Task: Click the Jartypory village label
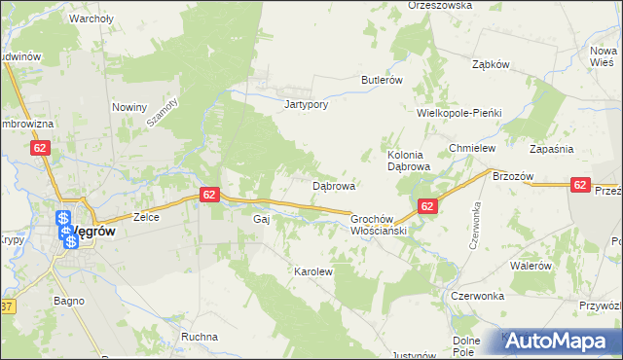click(301, 104)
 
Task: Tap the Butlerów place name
click(382, 80)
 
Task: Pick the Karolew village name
click(313, 271)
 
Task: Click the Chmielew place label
click(473, 148)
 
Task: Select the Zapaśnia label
click(551, 149)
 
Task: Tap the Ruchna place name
click(200, 337)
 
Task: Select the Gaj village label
click(261, 220)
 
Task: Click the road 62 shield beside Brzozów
click(580, 184)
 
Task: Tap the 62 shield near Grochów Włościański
click(427, 206)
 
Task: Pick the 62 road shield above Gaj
click(210, 195)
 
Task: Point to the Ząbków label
click(491, 64)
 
